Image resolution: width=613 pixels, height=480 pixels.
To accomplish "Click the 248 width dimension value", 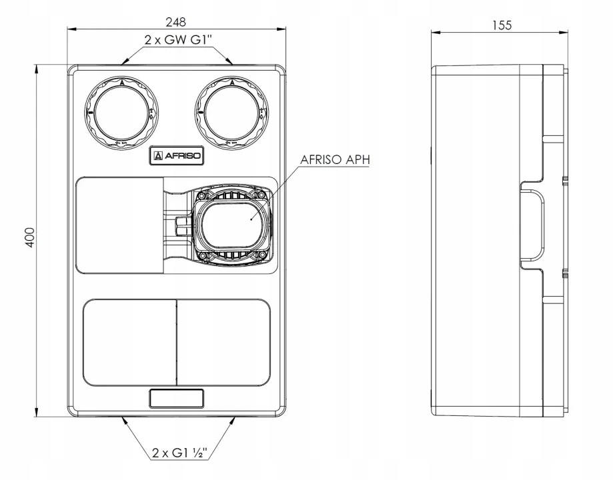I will [176, 22].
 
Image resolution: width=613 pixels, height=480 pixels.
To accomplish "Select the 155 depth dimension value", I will [501, 25].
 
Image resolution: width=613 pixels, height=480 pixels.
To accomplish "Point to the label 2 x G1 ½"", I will [177, 453].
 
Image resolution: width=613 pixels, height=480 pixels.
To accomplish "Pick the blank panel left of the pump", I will [120, 225].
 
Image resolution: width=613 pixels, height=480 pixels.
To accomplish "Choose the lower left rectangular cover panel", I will [129, 342].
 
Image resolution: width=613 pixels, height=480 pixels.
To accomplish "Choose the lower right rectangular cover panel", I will [223, 342].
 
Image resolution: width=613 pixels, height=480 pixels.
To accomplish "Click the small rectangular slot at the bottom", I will [176, 399].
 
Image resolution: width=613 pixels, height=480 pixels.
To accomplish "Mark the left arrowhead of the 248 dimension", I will [70, 29].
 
